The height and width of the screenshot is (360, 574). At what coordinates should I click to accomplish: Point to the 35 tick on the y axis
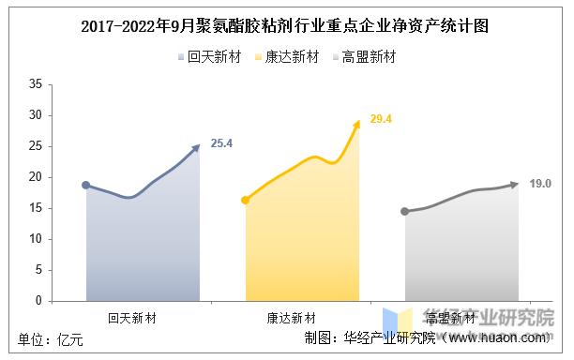[35, 84]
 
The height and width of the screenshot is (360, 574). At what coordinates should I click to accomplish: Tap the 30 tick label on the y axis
[35, 115]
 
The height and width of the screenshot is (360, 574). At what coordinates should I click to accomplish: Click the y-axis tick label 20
[35, 177]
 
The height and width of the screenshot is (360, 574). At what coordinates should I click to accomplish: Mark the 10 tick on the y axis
[35, 239]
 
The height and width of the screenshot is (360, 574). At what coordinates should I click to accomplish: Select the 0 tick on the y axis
[38, 301]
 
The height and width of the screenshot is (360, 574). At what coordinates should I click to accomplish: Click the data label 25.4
[221, 143]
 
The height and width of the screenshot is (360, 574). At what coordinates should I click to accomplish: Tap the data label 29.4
[381, 119]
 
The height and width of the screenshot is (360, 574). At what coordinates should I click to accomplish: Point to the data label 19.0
[540, 183]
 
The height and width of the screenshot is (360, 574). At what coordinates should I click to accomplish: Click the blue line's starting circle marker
[86, 186]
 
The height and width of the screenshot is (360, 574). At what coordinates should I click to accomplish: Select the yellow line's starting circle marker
[246, 200]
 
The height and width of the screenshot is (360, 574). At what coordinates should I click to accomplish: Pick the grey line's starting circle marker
[405, 212]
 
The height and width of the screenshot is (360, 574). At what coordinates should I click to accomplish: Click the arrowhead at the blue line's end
[197, 146]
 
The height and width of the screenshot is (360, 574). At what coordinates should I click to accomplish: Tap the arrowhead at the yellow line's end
[356, 122]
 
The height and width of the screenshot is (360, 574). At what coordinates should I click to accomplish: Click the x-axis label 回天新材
[131, 318]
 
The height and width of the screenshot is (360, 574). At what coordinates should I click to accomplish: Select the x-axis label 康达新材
[292, 318]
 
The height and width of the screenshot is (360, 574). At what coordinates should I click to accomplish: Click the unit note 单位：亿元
[52, 339]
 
